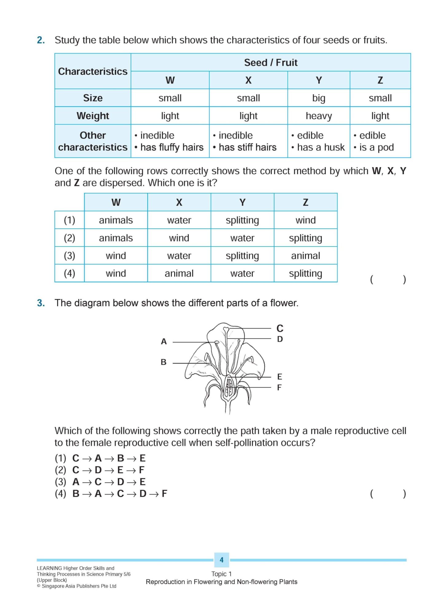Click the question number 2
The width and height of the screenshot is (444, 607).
pos(41,40)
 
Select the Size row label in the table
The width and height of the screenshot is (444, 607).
pos(93,98)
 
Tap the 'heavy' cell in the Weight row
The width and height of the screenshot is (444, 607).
pos(319,116)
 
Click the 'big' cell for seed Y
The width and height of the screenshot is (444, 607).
pos(319,98)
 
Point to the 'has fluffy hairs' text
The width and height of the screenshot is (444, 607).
pos(172,148)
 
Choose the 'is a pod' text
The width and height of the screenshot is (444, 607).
pos(376,148)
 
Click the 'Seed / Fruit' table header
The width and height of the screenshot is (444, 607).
pos(271,63)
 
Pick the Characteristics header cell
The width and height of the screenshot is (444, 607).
pos(93,71)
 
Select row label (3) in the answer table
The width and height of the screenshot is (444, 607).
pos(69,256)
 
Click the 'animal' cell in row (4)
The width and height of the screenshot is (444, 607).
pos(179,274)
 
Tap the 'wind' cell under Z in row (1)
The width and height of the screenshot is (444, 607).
pos(305,220)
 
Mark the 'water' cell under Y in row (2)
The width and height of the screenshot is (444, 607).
pos(242,238)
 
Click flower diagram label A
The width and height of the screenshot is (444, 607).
pos(164,341)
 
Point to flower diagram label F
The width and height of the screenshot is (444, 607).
pos(279,388)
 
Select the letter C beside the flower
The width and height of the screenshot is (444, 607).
pos(280,329)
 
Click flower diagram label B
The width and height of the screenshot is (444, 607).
pos(163,362)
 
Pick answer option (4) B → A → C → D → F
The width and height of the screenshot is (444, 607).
pos(111,494)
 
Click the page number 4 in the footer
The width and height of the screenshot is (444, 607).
pos(222,560)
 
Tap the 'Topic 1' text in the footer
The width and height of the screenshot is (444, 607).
pos(222,574)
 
